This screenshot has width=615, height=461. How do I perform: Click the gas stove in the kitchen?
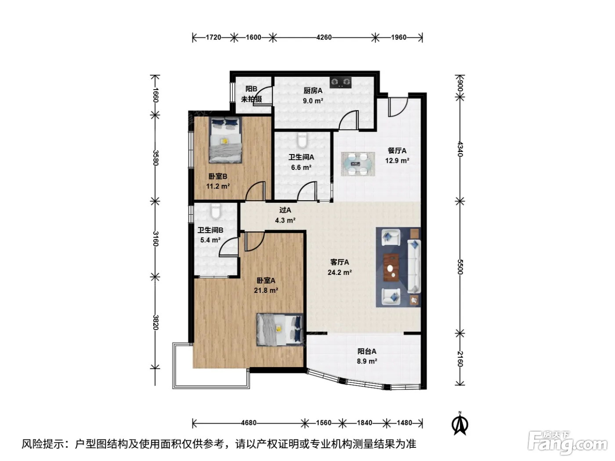pos(340,82)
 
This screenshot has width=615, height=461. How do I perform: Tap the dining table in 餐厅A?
pos(358,164)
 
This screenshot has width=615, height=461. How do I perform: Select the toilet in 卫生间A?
pos(302,140)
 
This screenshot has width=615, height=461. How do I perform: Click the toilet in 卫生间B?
pos(216,211)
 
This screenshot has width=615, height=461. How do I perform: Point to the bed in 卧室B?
pos(225,140)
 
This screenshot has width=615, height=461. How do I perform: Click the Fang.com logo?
pos(568,443)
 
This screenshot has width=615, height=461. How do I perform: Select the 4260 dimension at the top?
pos(324,37)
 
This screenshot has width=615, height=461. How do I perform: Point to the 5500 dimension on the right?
pos(460,267)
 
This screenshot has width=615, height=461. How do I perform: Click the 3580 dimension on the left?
pos(156,158)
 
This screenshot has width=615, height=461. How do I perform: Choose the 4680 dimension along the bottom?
pos(249,423)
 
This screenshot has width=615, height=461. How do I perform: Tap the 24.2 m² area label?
pos(340,272)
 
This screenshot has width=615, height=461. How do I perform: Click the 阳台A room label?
pos(367,351)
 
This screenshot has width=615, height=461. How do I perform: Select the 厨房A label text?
pos(313,91)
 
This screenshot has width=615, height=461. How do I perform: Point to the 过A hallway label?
pos(285,210)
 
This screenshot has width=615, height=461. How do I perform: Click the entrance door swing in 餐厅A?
pos(398,107)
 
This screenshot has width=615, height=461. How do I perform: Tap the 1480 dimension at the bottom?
pos(404,423)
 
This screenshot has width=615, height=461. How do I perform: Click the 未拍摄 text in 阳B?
pos(251,99)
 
